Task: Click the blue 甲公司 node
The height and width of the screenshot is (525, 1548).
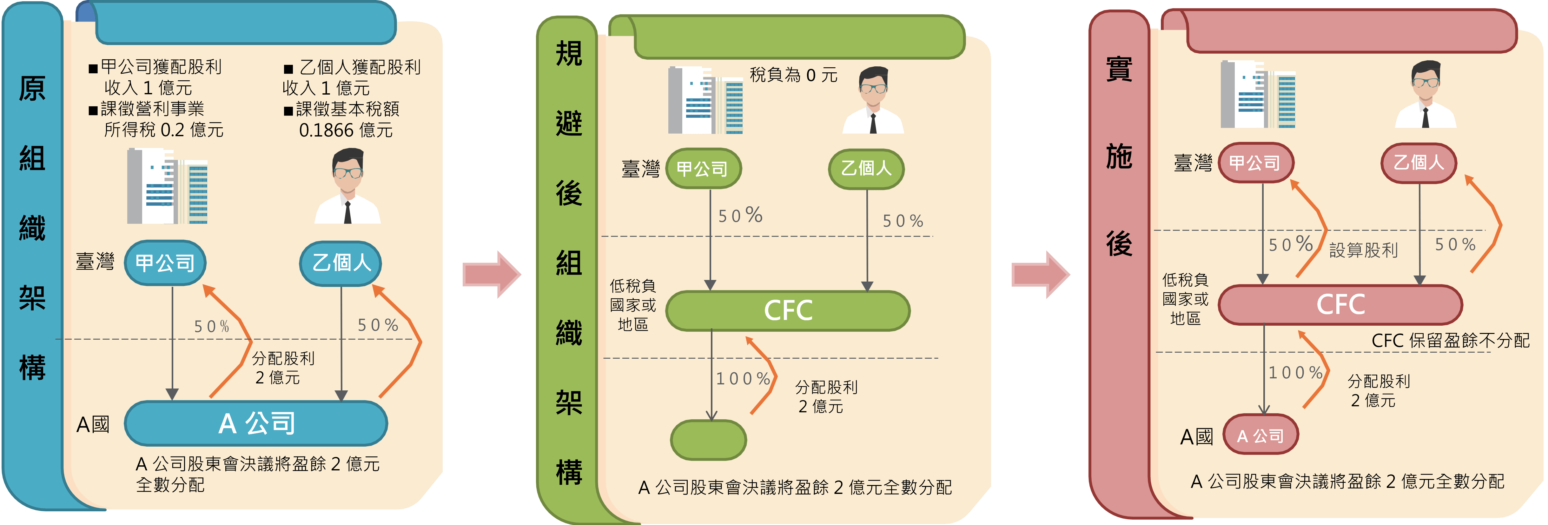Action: pyautogui.click(x=165, y=263)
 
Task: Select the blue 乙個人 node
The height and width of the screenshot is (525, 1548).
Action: pyautogui.click(x=341, y=263)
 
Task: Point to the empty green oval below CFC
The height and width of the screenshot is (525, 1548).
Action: pyautogui.click(x=709, y=440)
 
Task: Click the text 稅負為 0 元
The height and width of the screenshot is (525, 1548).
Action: pyautogui.click(x=793, y=75)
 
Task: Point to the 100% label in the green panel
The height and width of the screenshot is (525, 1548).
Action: pyautogui.click(x=743, y=378)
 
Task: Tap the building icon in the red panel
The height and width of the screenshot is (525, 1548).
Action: pyautogui.click(x=1258, y=94)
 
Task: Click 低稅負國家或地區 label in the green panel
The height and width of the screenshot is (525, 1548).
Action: pyautogui.click(x=633, y=305)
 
